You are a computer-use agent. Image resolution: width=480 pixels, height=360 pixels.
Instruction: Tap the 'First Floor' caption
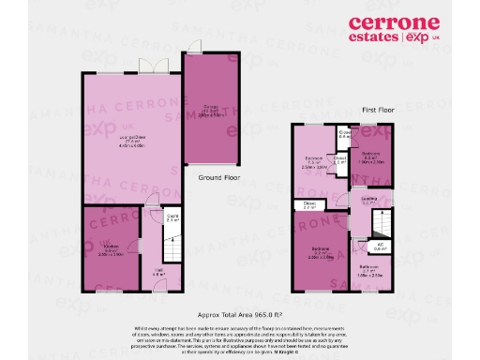(378, 110)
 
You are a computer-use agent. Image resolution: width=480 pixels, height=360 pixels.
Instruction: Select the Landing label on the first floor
(368, 200)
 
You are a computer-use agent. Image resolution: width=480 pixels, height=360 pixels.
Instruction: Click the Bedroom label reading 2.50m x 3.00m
(313, 160)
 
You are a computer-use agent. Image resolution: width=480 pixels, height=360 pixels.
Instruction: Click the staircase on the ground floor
(172, 247)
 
